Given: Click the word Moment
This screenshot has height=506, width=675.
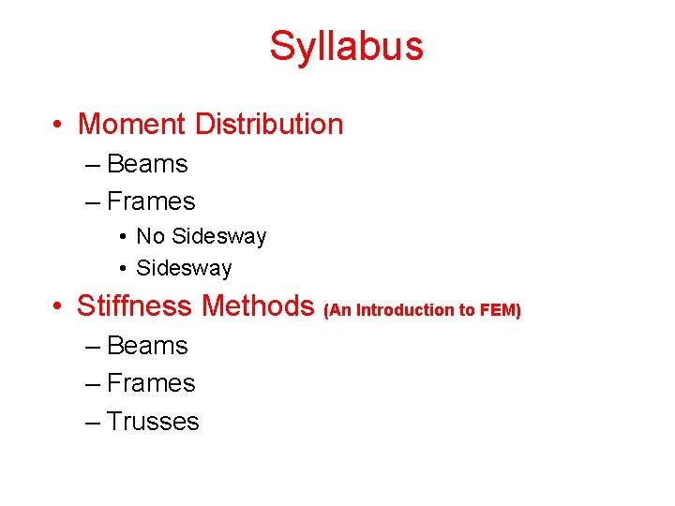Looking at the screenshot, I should point(132,124).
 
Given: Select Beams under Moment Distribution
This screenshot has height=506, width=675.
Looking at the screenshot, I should point(147,164).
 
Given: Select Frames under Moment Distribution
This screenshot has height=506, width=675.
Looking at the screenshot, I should point(151,201).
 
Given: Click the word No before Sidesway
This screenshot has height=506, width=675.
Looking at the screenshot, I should point(151,236).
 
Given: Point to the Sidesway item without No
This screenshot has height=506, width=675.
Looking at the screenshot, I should point(184,268).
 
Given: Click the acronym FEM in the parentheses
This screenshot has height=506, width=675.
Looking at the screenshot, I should point(499,310).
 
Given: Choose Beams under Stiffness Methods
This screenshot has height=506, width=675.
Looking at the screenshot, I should point(147,346).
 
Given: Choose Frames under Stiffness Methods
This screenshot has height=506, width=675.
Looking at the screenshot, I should point(151,383).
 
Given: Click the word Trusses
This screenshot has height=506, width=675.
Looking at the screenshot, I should point(153,422).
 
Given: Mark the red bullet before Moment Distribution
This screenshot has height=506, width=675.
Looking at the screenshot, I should point(58,125).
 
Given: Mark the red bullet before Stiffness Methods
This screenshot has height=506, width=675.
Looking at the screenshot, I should point(58,306).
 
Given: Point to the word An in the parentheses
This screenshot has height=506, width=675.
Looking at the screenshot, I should point(339,310).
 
